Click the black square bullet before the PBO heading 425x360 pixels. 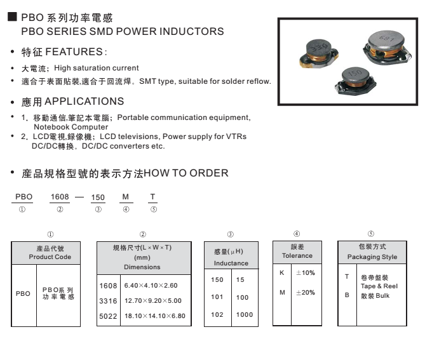(12, 19)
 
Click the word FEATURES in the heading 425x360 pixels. (76, 51)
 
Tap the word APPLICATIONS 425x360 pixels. (84, 102)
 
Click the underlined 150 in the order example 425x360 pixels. (98, 197)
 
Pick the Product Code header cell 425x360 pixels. (50, 252)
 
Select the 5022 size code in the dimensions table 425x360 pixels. (108, 315)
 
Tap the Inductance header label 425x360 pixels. (231, 263)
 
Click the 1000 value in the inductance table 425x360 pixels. (245, 314)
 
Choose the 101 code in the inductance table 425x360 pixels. (217, 297)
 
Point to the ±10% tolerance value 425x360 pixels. (306, 272)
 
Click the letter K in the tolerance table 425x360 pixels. (281, 272)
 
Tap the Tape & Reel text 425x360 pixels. (378, 286)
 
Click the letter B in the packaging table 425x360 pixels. (346, 296)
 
